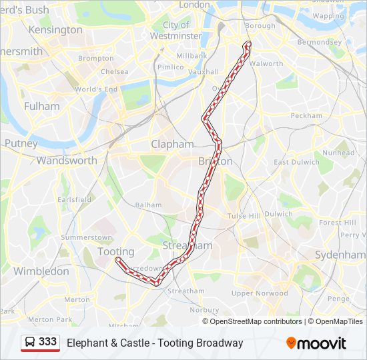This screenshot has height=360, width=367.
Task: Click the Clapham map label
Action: point(172,144)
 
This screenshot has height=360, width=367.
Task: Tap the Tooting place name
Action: point(116,251)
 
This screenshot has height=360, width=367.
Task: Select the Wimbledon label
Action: point(41,271)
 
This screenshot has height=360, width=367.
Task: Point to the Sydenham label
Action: point(340,255)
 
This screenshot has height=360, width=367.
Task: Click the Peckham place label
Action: point(306,115)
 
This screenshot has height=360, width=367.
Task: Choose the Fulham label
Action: point(41,106)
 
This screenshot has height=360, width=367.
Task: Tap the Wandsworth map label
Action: point(67,160)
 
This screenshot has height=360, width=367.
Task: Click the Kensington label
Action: point(55,30)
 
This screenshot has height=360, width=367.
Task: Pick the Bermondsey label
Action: point(319,42)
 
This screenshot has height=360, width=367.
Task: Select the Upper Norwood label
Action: point(260,293)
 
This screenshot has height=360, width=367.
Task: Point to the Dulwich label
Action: point(278,214)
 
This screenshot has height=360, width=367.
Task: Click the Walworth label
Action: point(266,64)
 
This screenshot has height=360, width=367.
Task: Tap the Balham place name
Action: point(148,205)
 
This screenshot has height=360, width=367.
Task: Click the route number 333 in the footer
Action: point(47,342)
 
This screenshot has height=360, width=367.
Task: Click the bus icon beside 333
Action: point(31,342)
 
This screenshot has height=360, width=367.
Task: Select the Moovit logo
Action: point(316,343)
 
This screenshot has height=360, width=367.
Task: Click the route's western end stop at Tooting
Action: point(117,259)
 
